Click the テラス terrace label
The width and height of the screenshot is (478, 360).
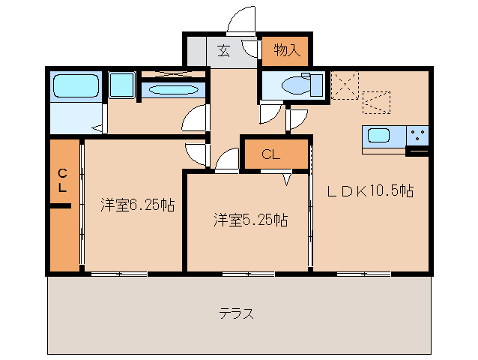click(236, 313)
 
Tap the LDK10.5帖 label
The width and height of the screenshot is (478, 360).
click(369, 191)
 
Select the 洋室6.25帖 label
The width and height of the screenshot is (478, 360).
click(138, 205)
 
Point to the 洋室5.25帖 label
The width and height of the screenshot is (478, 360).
click(250, 220)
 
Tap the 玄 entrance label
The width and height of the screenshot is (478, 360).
click(224, 51)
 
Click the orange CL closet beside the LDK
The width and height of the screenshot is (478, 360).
click(273, 154)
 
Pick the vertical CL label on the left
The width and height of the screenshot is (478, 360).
click(63, 179)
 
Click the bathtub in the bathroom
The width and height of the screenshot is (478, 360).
click(76, 86)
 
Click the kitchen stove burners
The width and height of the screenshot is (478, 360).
click(418, 136)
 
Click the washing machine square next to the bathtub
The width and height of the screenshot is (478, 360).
click(121, 85)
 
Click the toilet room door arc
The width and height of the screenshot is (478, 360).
click(267, 114)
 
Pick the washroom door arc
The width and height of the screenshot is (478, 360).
click(194, 118)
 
